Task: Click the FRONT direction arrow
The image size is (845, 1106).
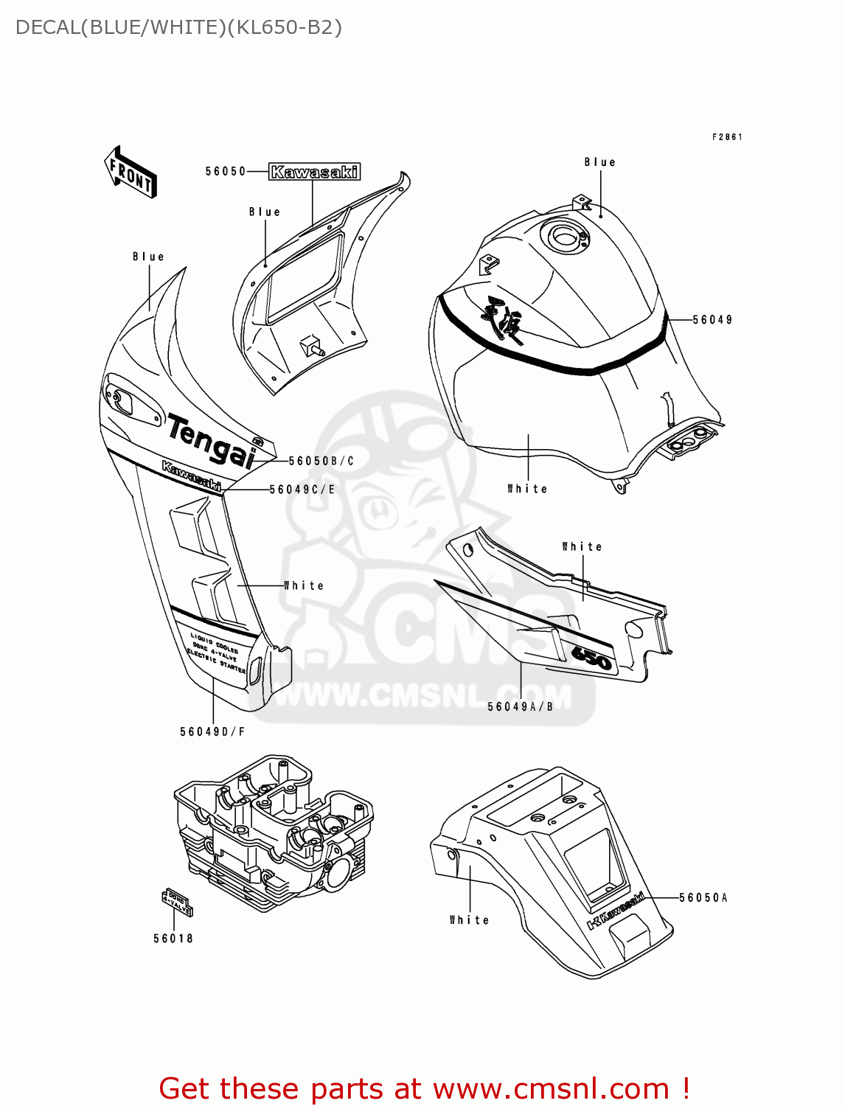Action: (x=131, y=172)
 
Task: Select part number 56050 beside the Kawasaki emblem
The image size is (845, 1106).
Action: (x=226, y=172)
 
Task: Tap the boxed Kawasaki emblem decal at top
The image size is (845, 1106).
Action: (x=314, y=173)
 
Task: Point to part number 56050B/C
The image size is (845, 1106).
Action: (x=321, y=462)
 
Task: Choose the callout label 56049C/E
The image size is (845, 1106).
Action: (x=302, y=490)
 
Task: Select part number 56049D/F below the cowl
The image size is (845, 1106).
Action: (x=212, y=731)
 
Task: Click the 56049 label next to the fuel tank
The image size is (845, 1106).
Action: (x=712, y=320)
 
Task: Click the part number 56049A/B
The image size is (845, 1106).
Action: (x=521, y=706)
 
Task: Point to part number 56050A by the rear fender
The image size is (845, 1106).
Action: (x=703, y=897)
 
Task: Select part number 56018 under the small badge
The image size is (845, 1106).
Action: (x=173, y=939)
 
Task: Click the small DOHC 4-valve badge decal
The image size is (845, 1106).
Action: (x=177, y=902)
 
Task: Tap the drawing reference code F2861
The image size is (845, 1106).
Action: (x=727, y=137)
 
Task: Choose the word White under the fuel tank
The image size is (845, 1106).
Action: (x=527, y=489)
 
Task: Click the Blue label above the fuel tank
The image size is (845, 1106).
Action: (x=599, y=162)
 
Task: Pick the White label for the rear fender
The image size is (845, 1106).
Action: (x=470, y=920)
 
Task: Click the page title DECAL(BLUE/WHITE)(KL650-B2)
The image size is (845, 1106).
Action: (x=178, y=27)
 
